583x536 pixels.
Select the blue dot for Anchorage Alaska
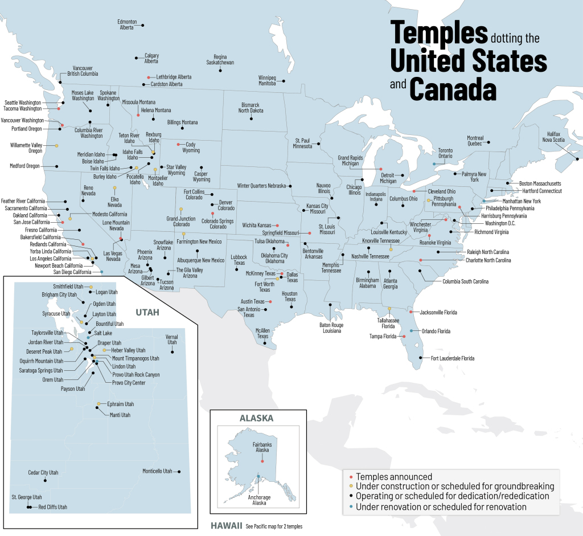click(x=258, y=477)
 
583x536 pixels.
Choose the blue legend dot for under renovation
click(x=351, y=506)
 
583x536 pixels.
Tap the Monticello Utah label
click(x=157, y=471)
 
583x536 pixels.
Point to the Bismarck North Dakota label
click(x=251, y=108)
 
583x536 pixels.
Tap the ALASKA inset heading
click(x=256, y=418)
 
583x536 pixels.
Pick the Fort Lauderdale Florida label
click(x=453, y=358)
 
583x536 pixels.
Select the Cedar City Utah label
click(x=43, y=473)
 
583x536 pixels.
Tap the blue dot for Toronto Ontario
click(x=434, y=164)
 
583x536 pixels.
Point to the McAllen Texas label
click(x=262, y=333)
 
